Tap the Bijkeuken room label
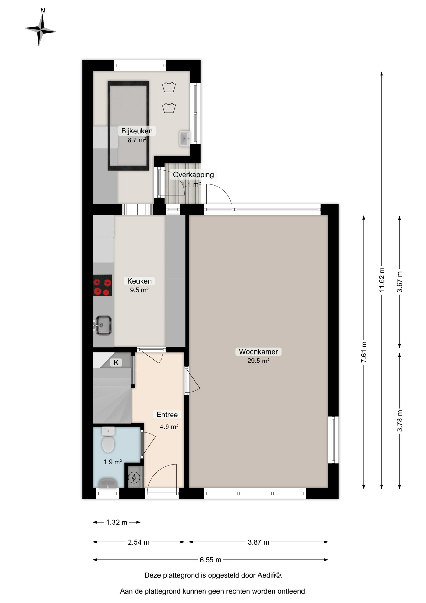pyautogui.click(x=137, y=131)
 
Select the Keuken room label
pyautogui.click(x=139, y=281)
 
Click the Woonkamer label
pyautogui.click(x=258, y=352)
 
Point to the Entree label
pyautogui.click(x=167, y=415)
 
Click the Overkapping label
pyautogui.click(x=194, y=175)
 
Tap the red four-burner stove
pyautogui.click(x=102, y=285)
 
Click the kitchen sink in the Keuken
pyautogui.click(x=103, y=325)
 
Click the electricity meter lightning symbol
pyautogui.click(x=134, y=478)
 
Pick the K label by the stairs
pyautogui.click(x=116, y=363)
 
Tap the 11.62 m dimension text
pyautogui.click(x=381, y=280)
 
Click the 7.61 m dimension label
pyautogui.click(x=364, y=352)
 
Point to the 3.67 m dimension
pyautogui.click(x=399, y=282)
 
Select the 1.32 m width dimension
pyautogui.click(x=117, y=522)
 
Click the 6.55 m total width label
pyautogui.click(x=210, y=560)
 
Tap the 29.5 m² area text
pyautogui.click(x=258, y=361)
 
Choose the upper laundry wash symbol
pyautogui.click(x=169, y=87)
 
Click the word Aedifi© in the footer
pyautogui.click(x=270, y=575)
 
